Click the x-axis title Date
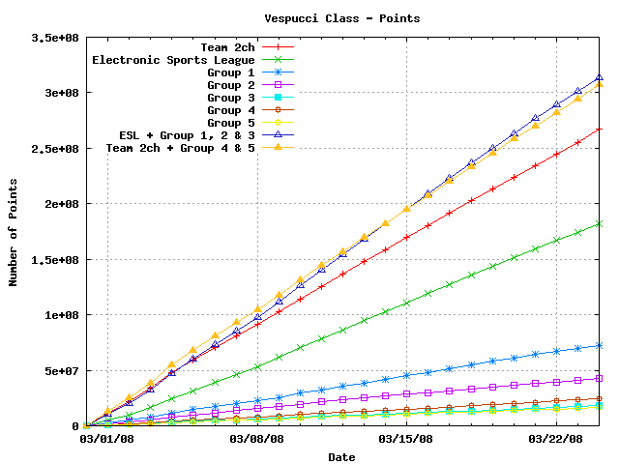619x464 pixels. click(341, 456)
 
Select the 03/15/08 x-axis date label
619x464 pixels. click(406, 438)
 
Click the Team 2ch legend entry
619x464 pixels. click(227, 46)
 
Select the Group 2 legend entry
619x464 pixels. click(230, 85)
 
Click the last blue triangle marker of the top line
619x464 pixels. click(600, 77)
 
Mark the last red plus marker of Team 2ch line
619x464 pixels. click(600, 129)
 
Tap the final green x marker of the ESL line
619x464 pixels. click(600, 223)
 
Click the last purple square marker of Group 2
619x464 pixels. click(600, 378)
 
